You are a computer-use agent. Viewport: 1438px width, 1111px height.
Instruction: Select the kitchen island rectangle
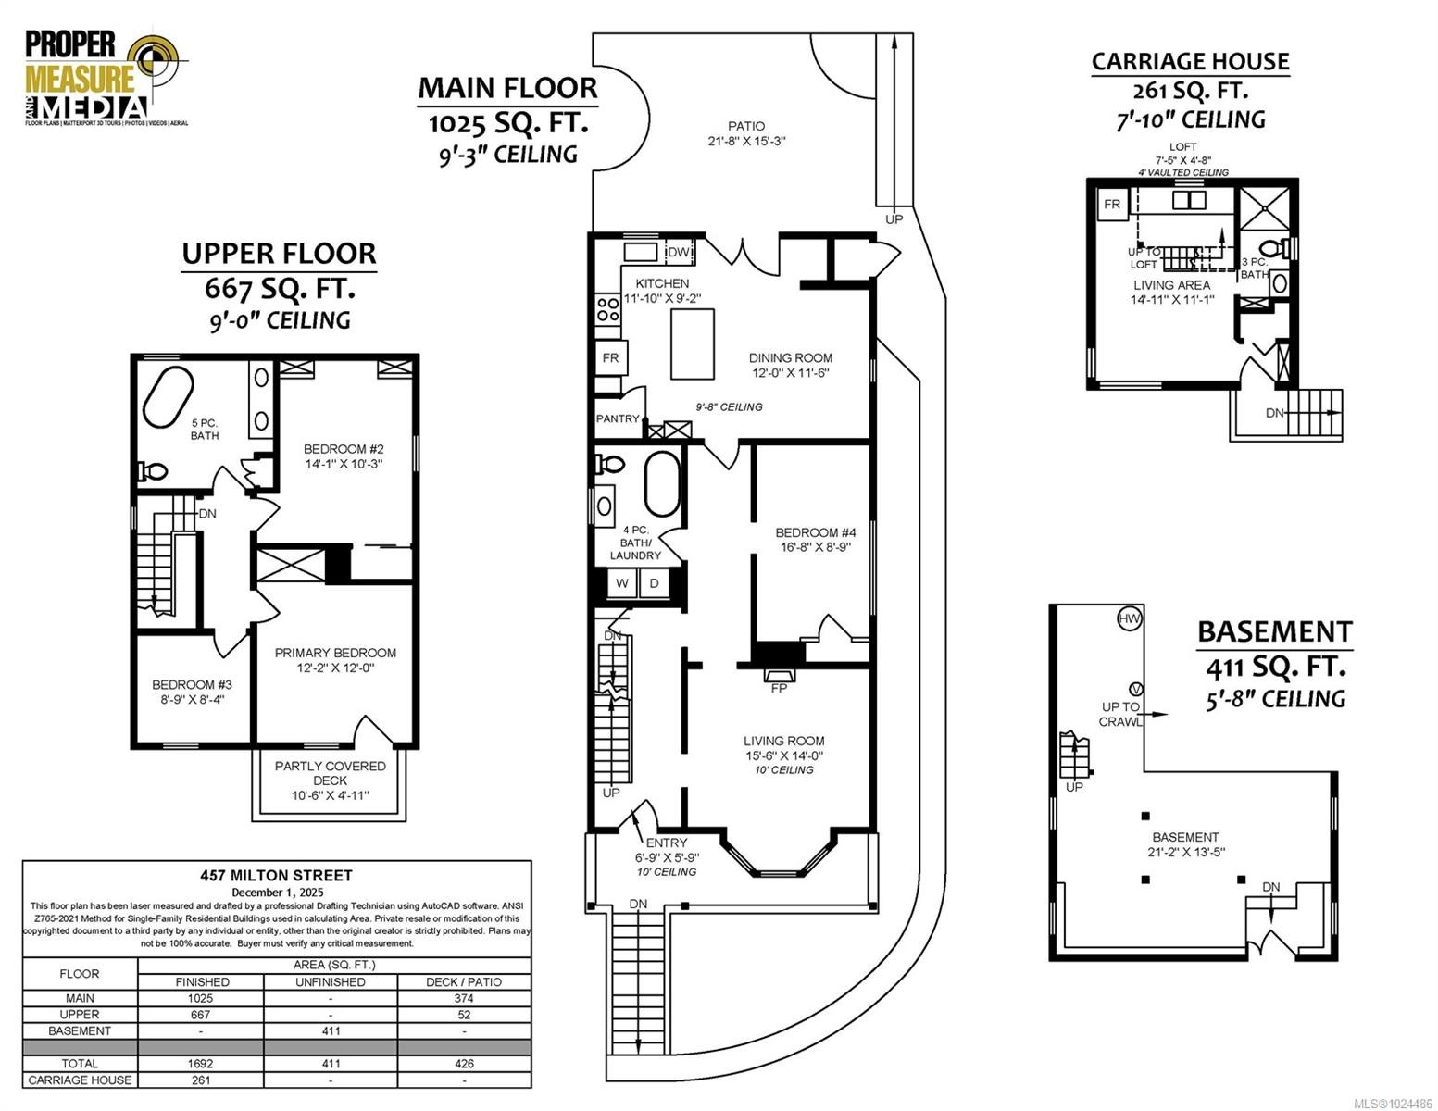coord(692,344)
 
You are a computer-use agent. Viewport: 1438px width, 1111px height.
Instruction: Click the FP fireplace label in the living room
coord(779,688)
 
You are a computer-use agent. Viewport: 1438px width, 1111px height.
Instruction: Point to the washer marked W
coord(622,583)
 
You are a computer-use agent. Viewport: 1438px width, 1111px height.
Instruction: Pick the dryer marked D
coord(654,583)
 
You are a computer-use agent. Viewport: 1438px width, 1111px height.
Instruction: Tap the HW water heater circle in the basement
coord(1130,618)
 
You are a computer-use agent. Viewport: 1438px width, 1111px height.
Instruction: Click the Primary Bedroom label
coord(335,653)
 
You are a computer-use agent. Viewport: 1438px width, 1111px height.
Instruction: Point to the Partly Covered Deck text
coord(330,773)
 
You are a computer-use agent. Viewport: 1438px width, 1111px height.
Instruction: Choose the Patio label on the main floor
coord(745,126)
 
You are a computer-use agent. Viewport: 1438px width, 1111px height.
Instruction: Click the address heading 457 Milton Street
coord(277,875)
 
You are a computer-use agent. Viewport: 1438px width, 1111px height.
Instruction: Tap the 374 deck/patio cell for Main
coord(464,998)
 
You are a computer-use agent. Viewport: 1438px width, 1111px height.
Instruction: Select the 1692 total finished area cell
coord(200,1063)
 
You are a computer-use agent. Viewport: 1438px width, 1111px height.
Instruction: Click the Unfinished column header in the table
coord(331,981)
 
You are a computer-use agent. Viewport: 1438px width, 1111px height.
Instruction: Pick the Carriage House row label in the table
coord(80,1080)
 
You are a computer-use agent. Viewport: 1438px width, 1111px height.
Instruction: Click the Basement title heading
coord(1274,631)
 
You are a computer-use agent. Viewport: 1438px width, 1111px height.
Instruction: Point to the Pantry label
coord(618,418)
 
